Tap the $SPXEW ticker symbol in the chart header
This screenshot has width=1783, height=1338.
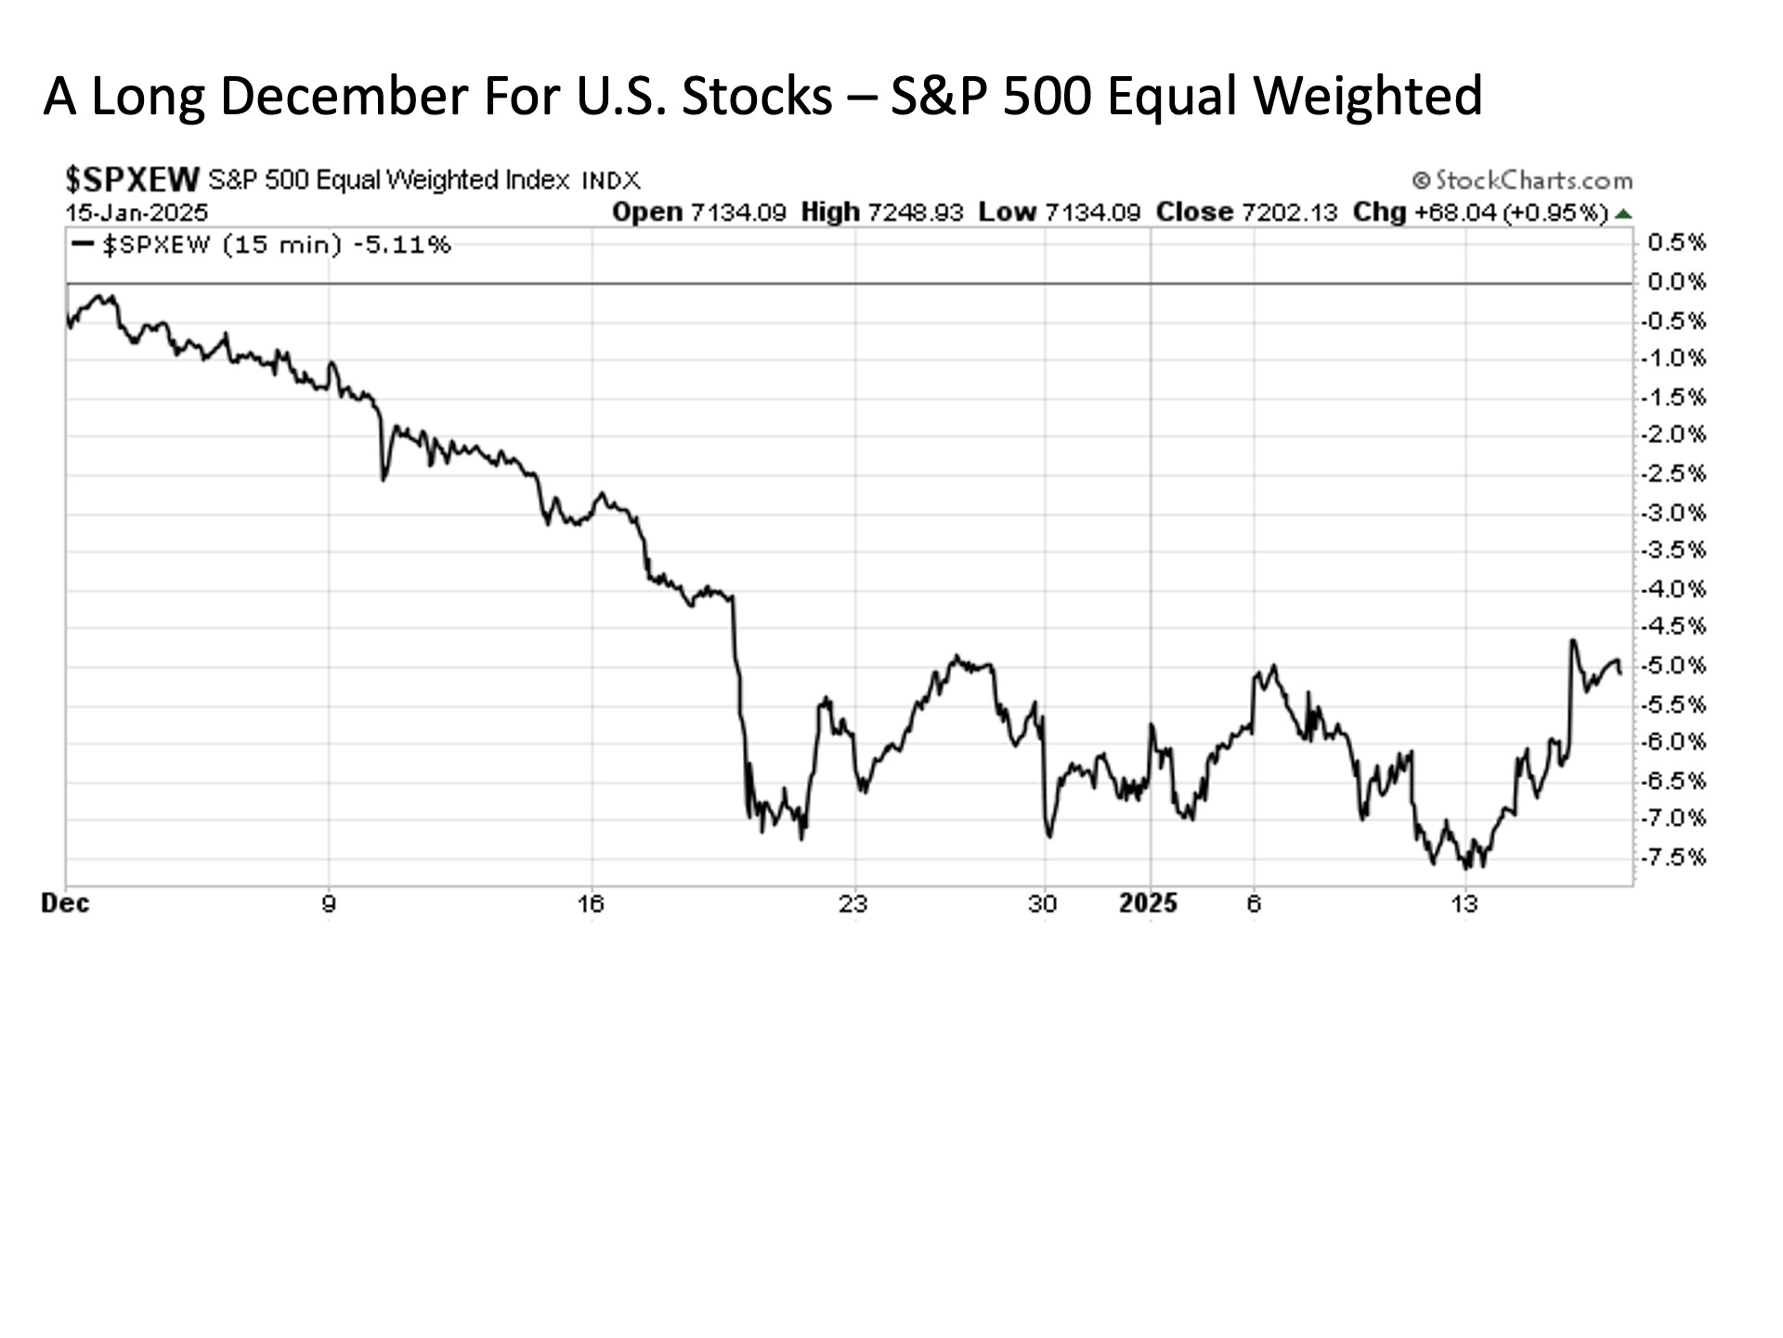pos(133,178)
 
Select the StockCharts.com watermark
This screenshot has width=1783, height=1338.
pos(1523,180)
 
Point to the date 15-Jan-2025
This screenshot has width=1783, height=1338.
pos(137,213)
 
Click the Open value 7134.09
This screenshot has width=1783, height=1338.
pos(738,213)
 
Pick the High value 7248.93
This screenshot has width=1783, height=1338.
pos(915,213)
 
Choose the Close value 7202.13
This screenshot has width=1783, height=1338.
pos(1289,213)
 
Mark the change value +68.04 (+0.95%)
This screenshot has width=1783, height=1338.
pos(1511,213)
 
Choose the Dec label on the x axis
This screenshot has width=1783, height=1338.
pos(66,904)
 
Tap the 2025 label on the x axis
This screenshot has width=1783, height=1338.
pos(1148,904)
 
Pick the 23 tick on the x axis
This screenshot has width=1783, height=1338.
pos(853,904)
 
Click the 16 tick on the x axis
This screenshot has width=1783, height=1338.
pos(591,904)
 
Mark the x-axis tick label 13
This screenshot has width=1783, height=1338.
pos(1464,904)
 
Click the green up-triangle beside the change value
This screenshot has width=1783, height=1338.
pos(1623,214)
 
